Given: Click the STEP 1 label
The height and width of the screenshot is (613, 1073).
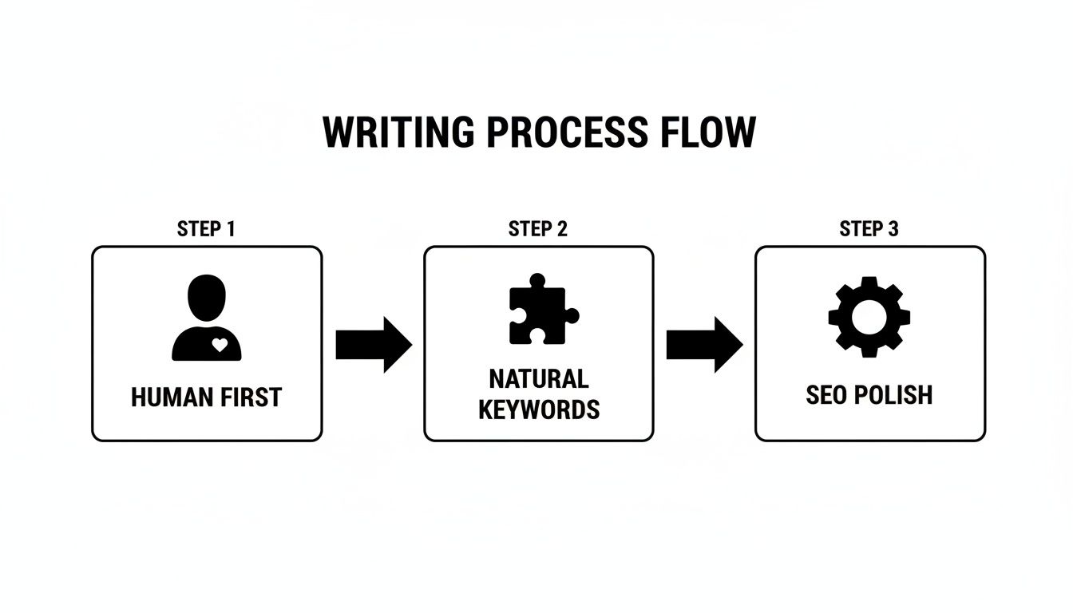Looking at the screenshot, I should pos(206,230).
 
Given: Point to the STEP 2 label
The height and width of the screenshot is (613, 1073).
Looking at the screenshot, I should pos(538,230).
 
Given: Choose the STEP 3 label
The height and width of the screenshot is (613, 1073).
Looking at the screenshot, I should pos(869,230).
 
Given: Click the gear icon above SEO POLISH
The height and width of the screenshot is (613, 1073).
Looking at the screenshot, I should pos(869,317).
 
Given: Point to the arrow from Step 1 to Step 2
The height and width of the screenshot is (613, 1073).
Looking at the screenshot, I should pos(373,345).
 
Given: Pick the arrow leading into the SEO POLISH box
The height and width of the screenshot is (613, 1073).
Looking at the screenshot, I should pos(704,345).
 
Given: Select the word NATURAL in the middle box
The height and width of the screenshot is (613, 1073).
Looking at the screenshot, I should pos(538,378).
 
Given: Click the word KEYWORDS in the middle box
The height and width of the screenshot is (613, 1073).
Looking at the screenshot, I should pos(538,410).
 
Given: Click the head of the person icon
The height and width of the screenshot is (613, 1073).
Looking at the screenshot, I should pos(207,298).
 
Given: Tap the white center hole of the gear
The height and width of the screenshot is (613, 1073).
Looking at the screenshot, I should pos(869,317).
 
